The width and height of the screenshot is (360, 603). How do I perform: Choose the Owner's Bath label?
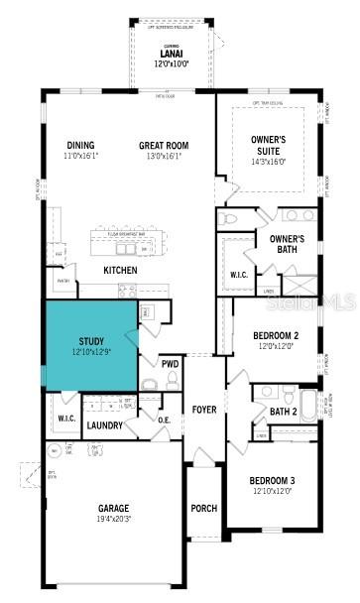(287, 244)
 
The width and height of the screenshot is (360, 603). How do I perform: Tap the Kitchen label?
(120, 270)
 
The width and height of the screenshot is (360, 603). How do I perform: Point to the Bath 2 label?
(282, 412)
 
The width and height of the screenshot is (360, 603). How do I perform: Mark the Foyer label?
(204, 409)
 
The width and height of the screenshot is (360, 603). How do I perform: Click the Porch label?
(203, 508)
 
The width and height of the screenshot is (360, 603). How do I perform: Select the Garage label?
(113, 513)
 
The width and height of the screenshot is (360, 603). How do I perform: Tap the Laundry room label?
(105, 425)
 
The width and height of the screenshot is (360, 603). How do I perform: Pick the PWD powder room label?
(171, 363)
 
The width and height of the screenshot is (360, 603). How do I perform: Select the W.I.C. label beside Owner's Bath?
(238, 275)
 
